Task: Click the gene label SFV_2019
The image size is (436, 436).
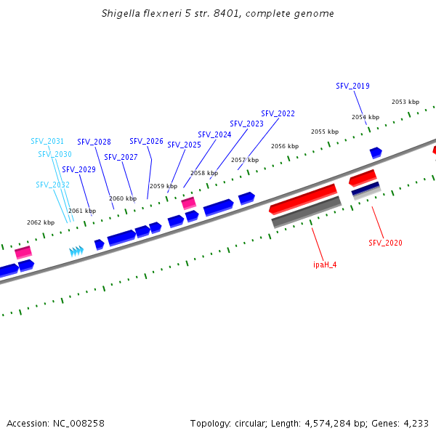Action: (x=352, y=86)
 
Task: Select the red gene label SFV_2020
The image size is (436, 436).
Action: (x=385, y=243)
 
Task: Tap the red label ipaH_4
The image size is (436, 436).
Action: (x=325, y=265)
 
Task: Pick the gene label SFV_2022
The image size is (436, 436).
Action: (x=278, y=113)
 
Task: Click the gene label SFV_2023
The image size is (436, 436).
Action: (x=246, y=124)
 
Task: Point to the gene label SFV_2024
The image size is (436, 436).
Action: (x=214, y=134)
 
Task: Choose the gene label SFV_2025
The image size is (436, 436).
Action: (x=184, y=145)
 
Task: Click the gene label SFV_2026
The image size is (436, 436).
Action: (x=146, y=141)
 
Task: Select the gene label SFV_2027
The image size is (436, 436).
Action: (x=121, y=157)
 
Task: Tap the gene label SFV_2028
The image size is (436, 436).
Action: (x=94, y=142)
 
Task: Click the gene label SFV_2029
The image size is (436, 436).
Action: (x=78, y=169)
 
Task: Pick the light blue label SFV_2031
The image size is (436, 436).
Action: (x=47, y=141)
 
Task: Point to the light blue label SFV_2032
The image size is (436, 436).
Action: (x=52, y=185)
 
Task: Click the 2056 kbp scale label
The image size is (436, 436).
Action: (x=285, y=146)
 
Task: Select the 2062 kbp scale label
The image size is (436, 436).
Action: (x=41, y=222)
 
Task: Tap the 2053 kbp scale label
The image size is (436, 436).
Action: (x=405, y=102)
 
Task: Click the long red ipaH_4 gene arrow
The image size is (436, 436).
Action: (x=303, y=198)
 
